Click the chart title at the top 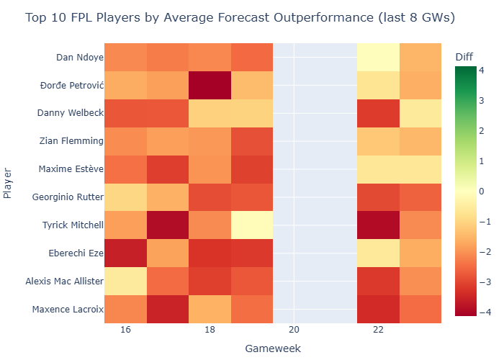pos(240,17)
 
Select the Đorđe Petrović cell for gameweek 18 pos(210,85)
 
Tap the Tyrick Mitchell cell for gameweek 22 pos(379,225)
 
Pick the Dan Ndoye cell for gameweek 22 pos(379,57)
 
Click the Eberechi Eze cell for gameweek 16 pos(125,253)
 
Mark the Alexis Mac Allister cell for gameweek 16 pos(125,282)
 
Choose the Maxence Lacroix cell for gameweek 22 pos(379,310)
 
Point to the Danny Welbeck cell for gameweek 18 pos(210,113)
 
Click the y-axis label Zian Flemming pos(71,141)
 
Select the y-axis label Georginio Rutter pos(66,197)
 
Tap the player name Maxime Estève pos(70,169)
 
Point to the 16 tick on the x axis pos(125,330)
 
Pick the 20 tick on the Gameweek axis pos(294,330)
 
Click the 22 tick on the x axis pos(379,330)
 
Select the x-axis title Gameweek pos(273,348)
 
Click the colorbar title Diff pos(464,57)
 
